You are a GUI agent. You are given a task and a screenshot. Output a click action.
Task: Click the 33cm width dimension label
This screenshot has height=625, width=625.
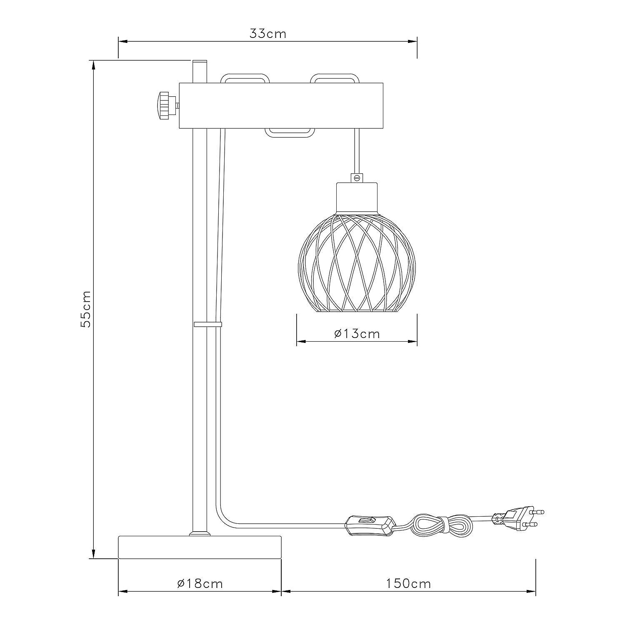pyautogui.click(x=268, y=34)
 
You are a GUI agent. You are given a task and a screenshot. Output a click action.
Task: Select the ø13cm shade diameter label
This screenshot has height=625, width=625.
pyautogui.click(x=357, y=334)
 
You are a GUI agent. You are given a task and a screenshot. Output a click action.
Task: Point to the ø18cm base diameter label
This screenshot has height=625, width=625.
pyautogui.click(x=200, y=584)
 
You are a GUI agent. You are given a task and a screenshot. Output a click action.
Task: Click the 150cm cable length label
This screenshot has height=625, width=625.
pyautogui.click(x=408, y=584)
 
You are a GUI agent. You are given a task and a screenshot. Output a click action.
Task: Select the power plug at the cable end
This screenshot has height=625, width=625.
pyautogui.click(x=519, y=518)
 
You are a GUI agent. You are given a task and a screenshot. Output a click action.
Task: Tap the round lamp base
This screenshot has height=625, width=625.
pyautogui.click(x=200, y=547)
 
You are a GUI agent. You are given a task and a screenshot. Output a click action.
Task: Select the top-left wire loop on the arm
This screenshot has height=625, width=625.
pyautogui.click(x=245, y=79)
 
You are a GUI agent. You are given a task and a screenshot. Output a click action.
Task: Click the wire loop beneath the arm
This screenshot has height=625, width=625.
pyautogui.click(x=290, y=133)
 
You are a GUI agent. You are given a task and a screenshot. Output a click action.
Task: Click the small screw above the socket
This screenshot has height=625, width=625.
pyautogui.click(x=356, y=177)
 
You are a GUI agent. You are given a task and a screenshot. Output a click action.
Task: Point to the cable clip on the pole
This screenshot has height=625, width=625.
pyautogui.click(x=207, y=324)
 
